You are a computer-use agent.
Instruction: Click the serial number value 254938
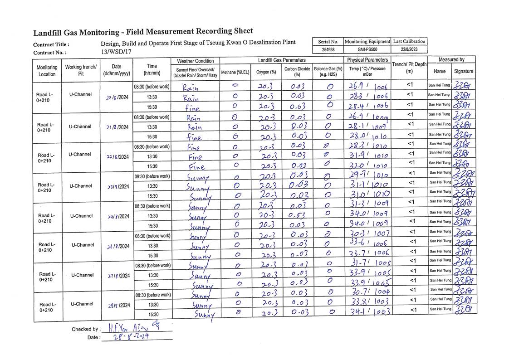tap(328, 49)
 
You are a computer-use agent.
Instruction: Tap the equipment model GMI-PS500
tap(367, 49)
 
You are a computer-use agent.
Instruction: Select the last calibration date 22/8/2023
tap(409, 49)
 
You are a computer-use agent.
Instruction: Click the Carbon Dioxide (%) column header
tap(297, 72)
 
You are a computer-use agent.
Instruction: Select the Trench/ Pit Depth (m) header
tap(409, 68)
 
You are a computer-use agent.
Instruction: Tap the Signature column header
tap(463, 71)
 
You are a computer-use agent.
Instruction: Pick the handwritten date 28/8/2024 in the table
tap(117, 306)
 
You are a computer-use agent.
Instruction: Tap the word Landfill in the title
tap(49, 33)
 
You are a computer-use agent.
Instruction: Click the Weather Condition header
tap(195, 61)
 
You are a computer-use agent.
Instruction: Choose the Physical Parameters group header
tap(367, 60)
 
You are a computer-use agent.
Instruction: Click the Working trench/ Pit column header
tap(81, 70)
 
